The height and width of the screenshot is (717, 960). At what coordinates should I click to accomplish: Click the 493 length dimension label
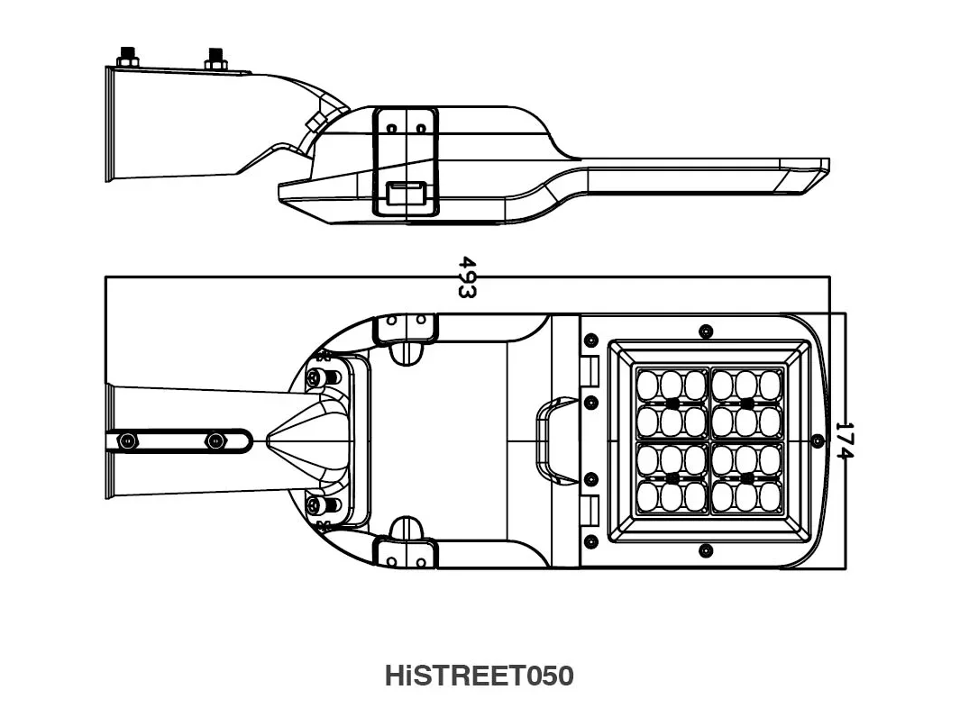[x=467, y=277]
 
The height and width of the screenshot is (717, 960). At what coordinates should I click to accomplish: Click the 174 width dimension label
[x=844, y=440]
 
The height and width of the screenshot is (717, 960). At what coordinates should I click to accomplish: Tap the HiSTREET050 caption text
[x=480, y=676]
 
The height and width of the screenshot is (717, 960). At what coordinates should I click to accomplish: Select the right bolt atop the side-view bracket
[x=215, y=59]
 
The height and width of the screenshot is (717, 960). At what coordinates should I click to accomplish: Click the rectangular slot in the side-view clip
[x=406, y=193]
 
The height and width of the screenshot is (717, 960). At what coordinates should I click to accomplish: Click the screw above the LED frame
[x=705, y=331]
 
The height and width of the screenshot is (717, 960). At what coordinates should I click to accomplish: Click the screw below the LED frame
[x=705, y=550]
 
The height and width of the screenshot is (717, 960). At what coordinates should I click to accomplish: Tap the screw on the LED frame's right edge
[x=817, y=440]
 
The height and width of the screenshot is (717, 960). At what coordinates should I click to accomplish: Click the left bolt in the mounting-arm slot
[x=127, y=441]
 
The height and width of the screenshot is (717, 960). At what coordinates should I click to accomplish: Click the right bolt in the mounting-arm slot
[x=215, y=441]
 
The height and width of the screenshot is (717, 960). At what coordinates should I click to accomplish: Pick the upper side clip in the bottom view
[x=406, y=329]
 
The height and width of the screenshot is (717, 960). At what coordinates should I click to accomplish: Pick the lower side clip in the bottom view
[x=406, y=552]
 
